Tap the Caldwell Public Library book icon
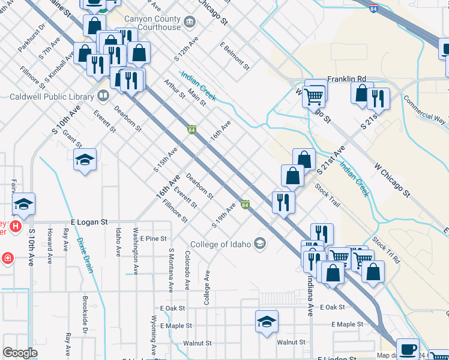pos(103,95)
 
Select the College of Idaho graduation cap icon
pos(260,243)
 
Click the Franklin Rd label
pos(346,79)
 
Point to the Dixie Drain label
pos(85,255)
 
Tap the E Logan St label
pos(88,222)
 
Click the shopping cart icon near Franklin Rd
pos(314,94)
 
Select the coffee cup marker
pos(408,348)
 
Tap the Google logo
pos(20,353)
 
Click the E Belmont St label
pos(234,55)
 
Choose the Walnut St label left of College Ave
pos(199,343)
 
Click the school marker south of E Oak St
pos(267,321)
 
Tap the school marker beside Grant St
pos(85,159)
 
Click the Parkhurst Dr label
pos(32,37)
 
